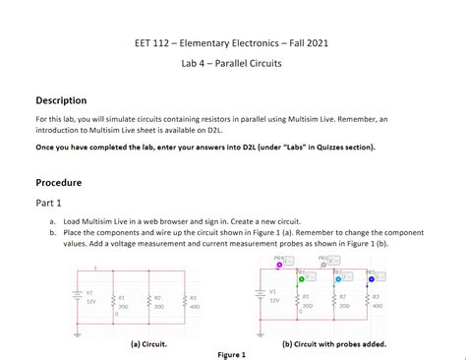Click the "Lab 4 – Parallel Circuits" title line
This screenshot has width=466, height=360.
(232, 62)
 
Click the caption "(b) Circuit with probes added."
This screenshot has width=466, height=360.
(333, 345)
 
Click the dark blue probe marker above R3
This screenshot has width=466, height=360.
(372, 277)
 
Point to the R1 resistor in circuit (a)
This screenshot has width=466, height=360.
(115, 301)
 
